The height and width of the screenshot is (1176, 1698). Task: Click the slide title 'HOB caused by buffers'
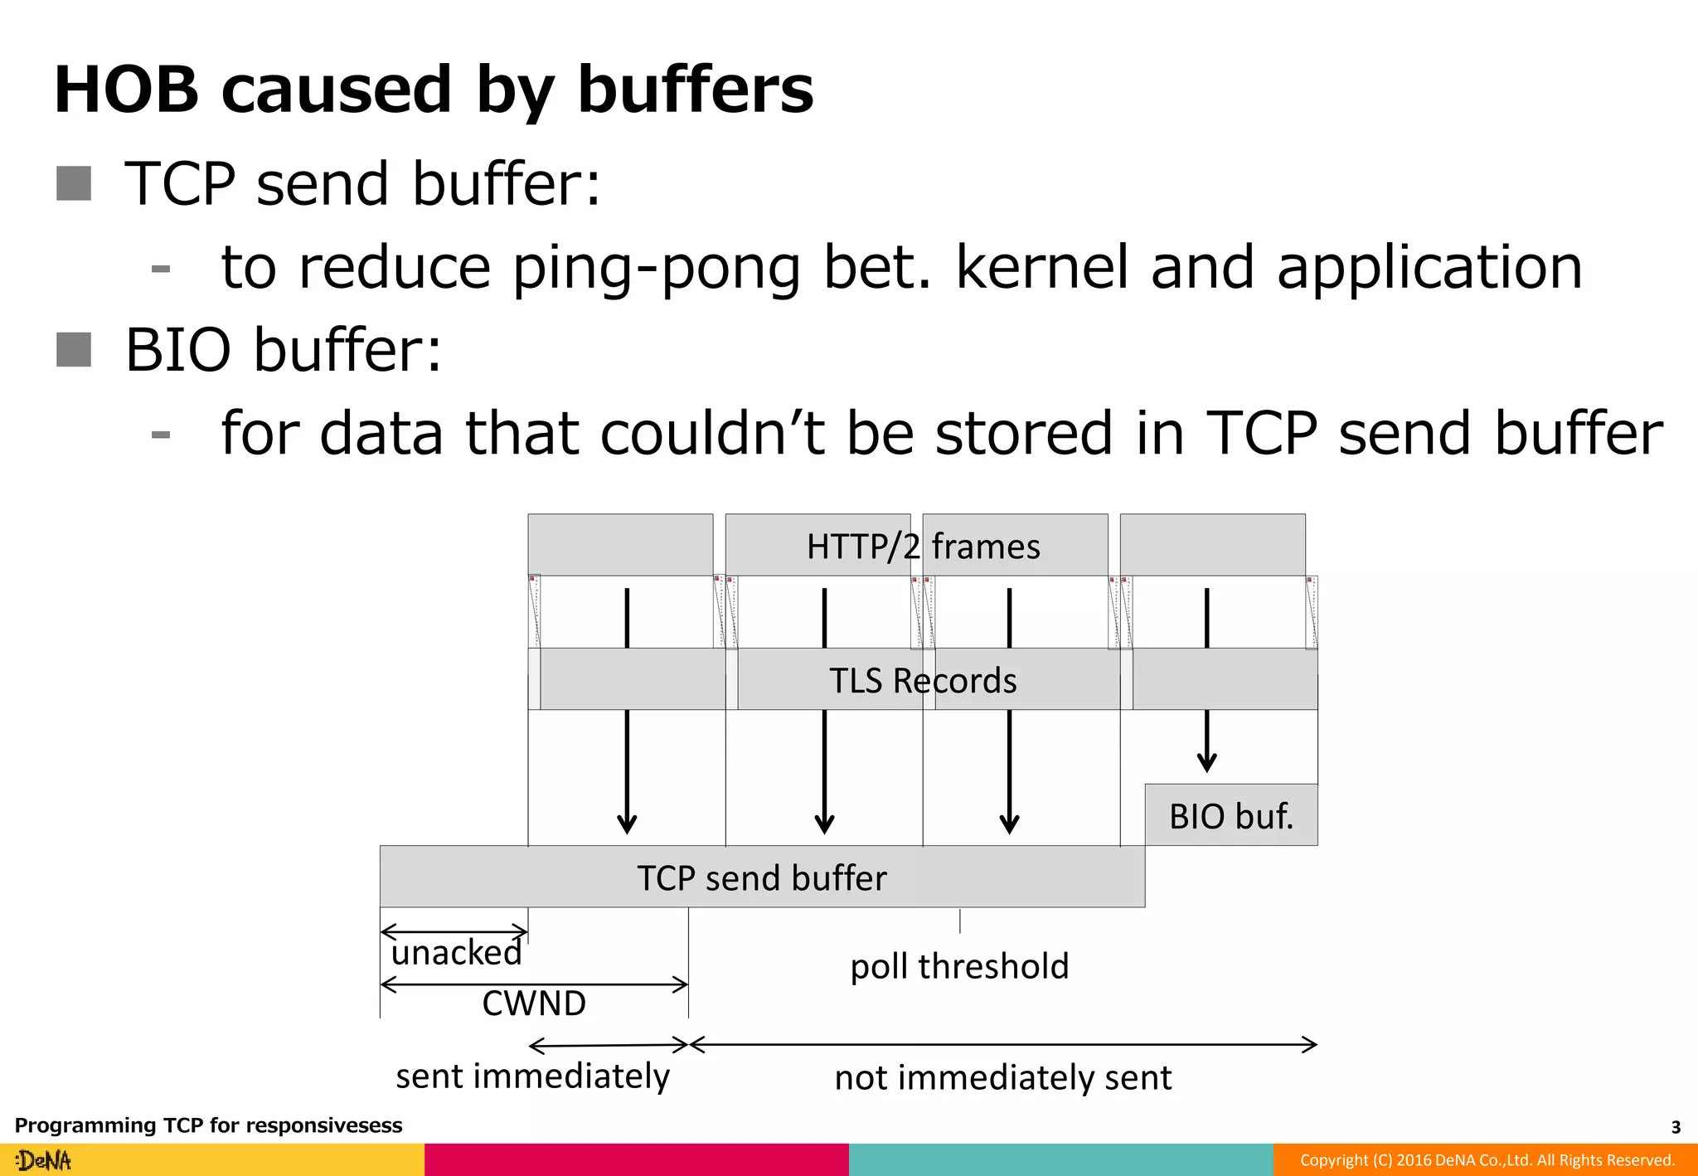[434, 90]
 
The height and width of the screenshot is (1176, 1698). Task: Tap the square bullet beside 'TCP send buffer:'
[74, 183]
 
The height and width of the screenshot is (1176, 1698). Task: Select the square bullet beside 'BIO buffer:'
[74, 349]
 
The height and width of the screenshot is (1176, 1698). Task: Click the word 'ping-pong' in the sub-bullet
[656, 268]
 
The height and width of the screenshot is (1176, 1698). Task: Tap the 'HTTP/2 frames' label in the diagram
[923, 547]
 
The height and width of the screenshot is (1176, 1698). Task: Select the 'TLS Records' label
[923, 680]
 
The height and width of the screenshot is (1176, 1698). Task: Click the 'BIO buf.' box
[1231, 815]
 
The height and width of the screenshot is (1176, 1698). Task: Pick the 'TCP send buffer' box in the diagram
[762, 877]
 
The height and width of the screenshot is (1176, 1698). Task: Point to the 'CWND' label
[534, 1003]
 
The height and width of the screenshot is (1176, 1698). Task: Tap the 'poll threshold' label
[959, 966]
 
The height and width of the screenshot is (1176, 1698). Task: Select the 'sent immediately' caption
[532, 1076]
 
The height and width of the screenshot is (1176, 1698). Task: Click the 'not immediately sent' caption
[1003, 1078]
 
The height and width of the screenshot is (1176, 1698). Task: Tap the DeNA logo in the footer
[44, 1160]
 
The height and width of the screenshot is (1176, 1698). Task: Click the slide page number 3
[1676, 1127]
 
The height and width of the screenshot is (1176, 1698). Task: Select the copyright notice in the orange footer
[1487, 1160]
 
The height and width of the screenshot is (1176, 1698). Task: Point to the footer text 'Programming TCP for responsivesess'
[208, 1125]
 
